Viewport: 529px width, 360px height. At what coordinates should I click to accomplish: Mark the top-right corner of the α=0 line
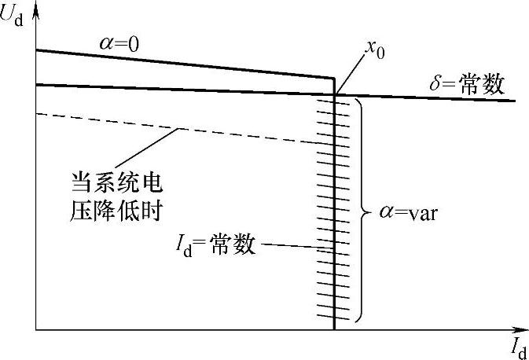336,78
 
